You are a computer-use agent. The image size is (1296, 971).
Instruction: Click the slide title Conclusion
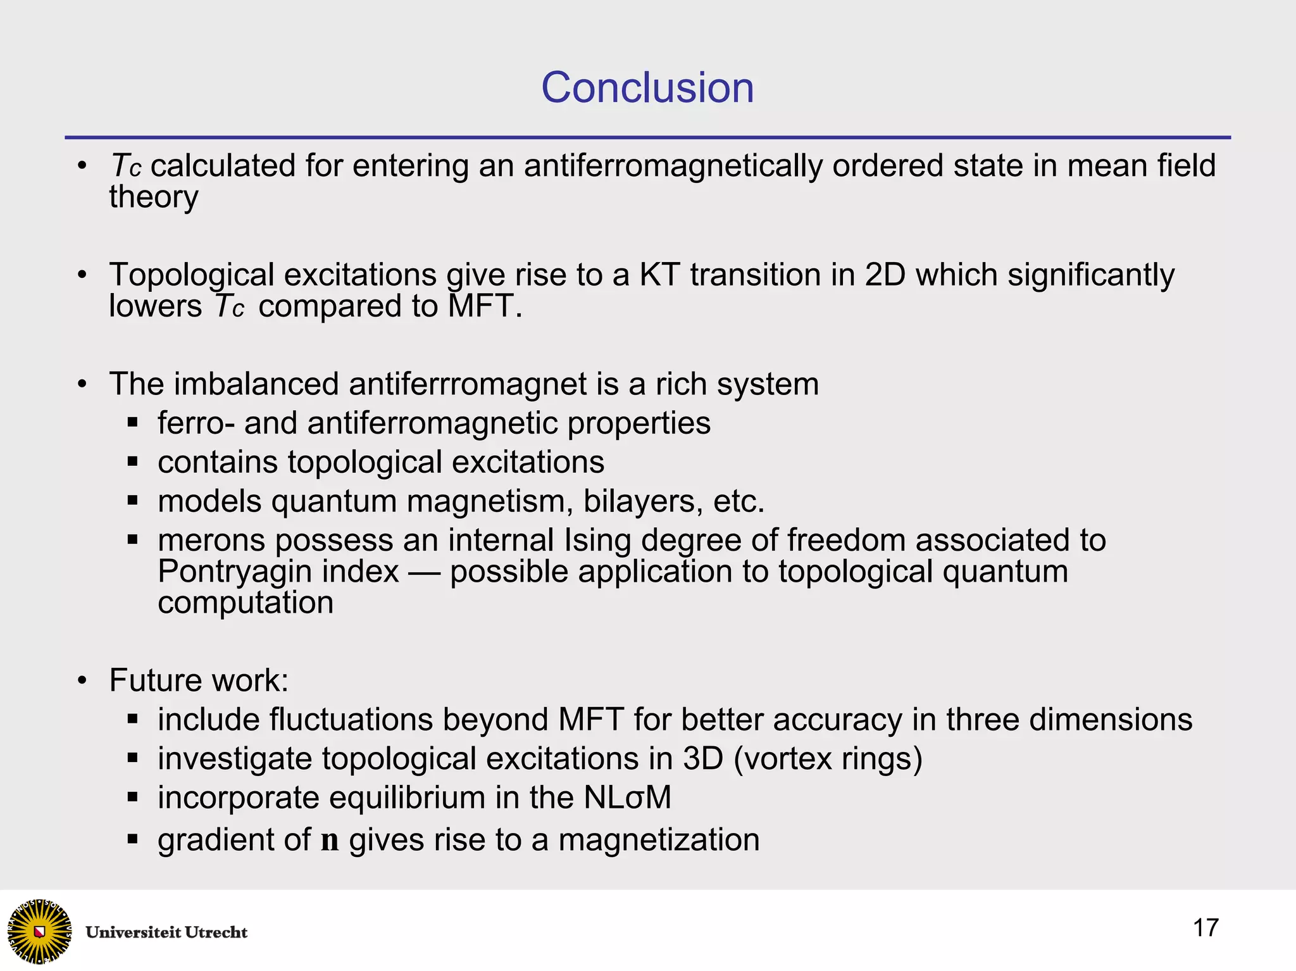coord(647,87)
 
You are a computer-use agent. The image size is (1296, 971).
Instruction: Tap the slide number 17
coord(1205,928)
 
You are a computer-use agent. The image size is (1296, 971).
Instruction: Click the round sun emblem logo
coord(39,931)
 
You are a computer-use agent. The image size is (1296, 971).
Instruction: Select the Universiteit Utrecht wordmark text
coord(166,932)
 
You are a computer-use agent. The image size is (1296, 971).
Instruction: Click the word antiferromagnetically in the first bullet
coord(673,166)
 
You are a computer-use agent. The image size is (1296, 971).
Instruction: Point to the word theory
coord(154,197)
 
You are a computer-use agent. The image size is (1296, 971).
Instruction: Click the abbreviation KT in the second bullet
coord(659,275)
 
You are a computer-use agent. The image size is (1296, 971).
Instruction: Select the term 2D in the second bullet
coord(885,275)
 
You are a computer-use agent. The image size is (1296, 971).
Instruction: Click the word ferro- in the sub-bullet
coord(196,423)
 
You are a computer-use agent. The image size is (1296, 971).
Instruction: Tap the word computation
coord(246,603)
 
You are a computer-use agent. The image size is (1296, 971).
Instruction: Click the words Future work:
coord(199,680)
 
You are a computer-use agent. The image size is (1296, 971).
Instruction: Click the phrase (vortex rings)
coord(828,759)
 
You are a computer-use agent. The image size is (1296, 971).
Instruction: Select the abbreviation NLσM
coord(627,798)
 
